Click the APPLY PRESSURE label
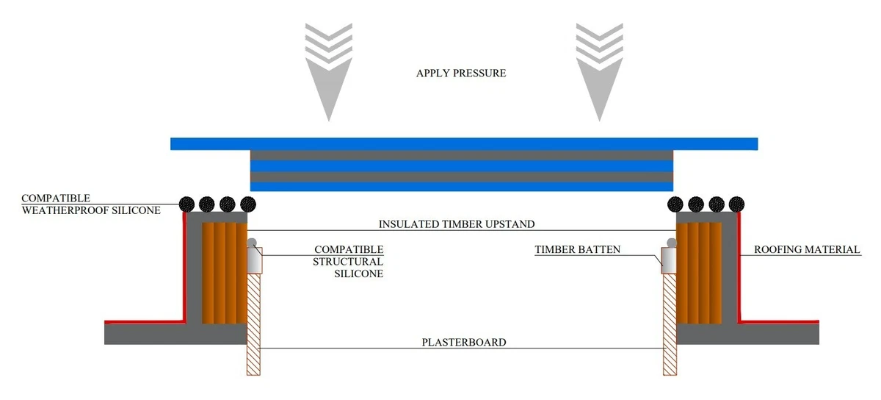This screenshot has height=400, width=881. click(461, 74)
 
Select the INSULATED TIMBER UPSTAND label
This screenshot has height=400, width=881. click(457, 224)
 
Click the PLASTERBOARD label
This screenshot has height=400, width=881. click(464, 342)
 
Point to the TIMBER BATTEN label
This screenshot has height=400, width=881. click(577, 249)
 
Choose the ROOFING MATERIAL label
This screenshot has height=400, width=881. click(807, 249)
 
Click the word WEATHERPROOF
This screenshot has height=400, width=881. click(65, 210)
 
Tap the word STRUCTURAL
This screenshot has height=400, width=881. click(348, 262)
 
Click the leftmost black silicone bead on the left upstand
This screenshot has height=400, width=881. click(186, 204)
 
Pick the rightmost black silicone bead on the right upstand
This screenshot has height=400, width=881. click(736, 204)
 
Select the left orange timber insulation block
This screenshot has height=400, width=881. click(225, 273)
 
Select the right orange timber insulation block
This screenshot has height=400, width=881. click(699, 273)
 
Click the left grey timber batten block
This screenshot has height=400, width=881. click(255, 260)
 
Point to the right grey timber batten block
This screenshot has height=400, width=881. click(669, 260)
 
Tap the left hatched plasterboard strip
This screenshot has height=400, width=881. click(253, 324)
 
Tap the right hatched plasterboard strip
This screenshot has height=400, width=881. click(670, 324)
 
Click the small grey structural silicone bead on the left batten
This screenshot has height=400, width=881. click(252, 243)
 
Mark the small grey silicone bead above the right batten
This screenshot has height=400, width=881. click(672, 243)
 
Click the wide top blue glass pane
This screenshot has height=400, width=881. click(464, 144)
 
